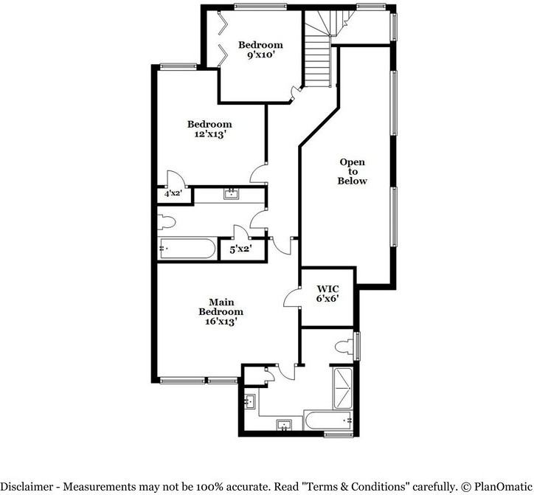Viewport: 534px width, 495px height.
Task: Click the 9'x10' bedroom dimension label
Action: click(x=260, y=55)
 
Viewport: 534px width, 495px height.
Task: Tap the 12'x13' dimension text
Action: click(x=210, y=134)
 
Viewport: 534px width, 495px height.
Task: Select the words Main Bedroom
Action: click(x=221, y=307)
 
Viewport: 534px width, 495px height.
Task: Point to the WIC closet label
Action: click(x=327, y=289)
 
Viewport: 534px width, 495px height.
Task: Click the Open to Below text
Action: click(x=352, y=171)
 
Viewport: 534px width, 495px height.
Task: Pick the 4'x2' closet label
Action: click(x=173, y=194)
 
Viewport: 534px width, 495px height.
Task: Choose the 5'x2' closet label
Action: click(x=240, y=249)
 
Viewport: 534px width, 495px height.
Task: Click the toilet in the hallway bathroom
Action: click(x=167, y=222)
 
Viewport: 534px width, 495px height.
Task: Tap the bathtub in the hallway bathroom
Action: click(x=187, y=249)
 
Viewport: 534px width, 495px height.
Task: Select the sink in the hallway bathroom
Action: click(x=232, y=194)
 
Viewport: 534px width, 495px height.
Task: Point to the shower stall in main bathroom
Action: click(x=343, y=388)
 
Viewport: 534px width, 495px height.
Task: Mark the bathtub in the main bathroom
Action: click(x=328, y=420)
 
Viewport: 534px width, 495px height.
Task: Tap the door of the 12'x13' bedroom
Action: click(x=258, y=173)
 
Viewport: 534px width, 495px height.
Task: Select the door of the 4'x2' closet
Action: click(x=176, y=179)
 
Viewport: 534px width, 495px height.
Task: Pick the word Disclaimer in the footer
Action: click(x=27, y=486)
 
